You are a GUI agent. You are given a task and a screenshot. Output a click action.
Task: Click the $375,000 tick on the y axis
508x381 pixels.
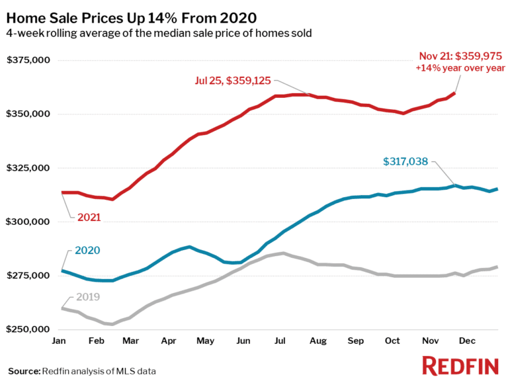[x=28, y=60]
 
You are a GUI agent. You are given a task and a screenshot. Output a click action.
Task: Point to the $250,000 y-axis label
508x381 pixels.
[x=28, y=329]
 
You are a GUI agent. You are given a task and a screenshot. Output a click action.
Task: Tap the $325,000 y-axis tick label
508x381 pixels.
[x=28, y=168]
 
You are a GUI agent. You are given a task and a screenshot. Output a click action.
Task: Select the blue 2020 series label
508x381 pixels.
[x=87, y=251]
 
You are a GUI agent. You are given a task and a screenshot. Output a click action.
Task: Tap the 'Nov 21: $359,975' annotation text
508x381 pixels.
[x=462, y=56]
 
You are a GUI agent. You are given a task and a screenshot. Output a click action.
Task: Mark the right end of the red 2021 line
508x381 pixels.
[x=454, y=94]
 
